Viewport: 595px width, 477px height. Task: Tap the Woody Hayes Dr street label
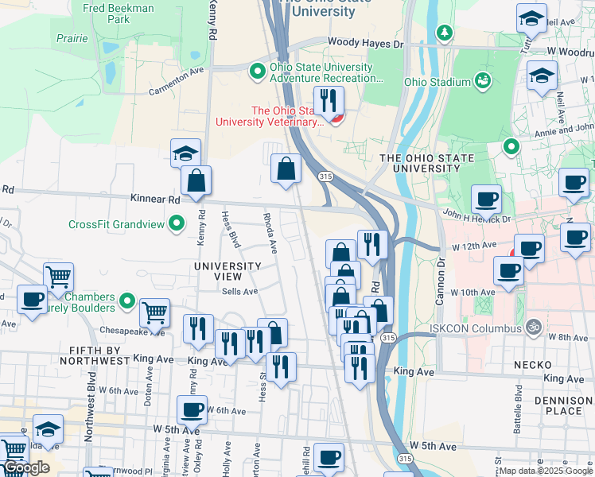[x=365, y=42]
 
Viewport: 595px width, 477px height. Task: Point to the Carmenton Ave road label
[x=176, y=81]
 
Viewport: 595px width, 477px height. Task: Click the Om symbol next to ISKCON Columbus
[x=535, y=325]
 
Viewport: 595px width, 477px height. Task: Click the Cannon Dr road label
[x=438, y=274]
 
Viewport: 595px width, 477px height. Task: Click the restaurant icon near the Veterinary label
[x=328, y=100]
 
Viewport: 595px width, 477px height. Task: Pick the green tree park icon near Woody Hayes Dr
[x=444, y=33]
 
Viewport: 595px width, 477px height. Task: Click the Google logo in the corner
[x=26, y=467]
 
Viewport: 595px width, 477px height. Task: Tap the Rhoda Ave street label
[x=270, y=232]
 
